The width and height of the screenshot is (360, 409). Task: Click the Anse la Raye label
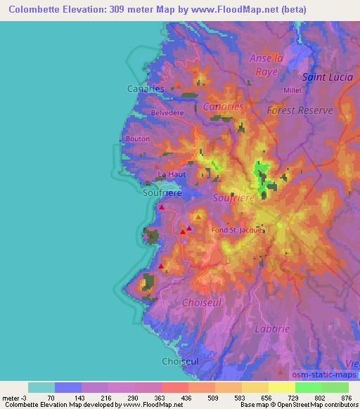click(266, 64)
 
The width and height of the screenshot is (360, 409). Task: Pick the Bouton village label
click(137, 139)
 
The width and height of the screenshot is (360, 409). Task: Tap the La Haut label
click(172, 174)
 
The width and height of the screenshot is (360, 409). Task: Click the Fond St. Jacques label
click(237, 229)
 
